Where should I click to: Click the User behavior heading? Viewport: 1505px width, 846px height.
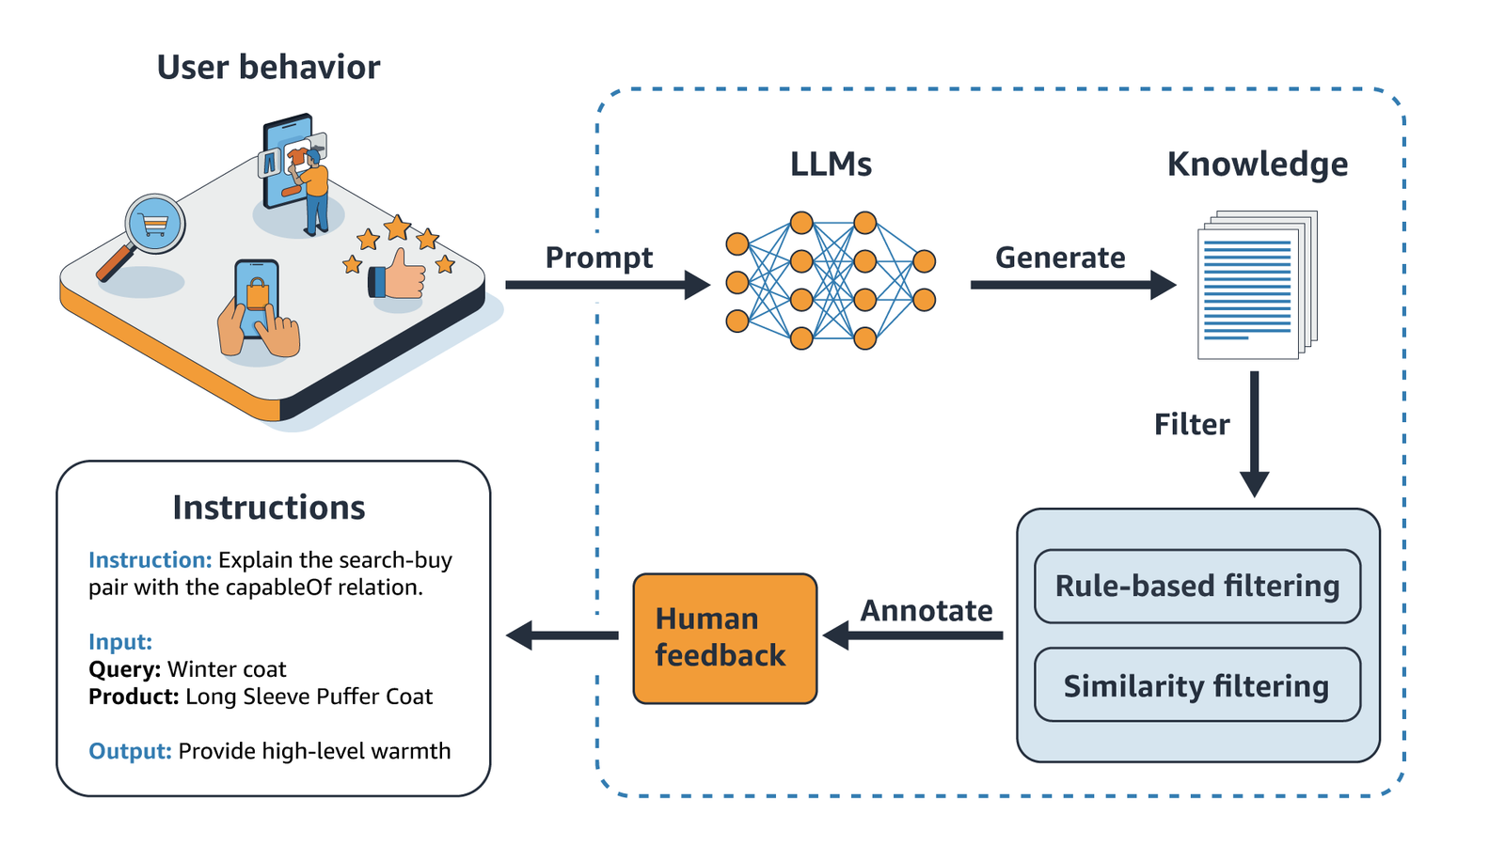268,68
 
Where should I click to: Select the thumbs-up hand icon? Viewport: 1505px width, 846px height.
400,275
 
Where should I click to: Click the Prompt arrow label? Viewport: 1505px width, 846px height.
598,258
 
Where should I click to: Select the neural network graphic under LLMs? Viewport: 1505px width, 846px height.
830,280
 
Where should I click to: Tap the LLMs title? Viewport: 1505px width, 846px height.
831,164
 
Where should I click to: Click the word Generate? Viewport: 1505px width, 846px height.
1060,258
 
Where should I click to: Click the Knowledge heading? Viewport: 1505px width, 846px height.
1257,164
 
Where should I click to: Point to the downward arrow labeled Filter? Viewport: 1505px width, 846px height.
1254,432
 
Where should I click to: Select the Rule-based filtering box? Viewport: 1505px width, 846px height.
1196,587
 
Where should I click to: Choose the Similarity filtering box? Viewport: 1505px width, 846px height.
1196,685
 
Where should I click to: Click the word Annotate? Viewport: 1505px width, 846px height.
926,611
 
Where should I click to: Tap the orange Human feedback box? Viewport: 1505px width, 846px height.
724,638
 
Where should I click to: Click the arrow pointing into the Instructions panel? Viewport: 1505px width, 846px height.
562,635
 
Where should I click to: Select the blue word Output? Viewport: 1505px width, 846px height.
130,751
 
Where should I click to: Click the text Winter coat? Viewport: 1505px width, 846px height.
227,669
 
